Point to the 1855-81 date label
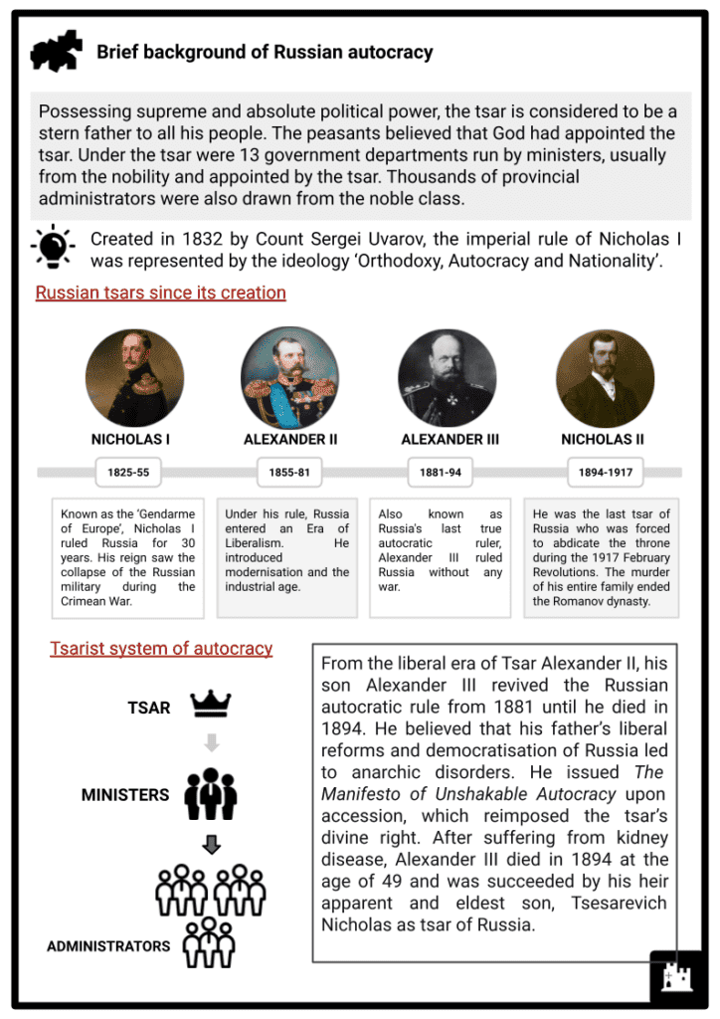pos(288,473)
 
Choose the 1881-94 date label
pos(440,473)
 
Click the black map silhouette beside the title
pos(57,52)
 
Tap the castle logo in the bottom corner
pos(677,977)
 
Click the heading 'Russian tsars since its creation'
pos(160,293)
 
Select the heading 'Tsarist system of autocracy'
pos(161,649)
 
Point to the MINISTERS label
pos(124,796)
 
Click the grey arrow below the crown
pos(210,742)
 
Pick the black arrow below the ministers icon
pos(210,845)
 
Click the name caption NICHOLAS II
pos(603,439)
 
